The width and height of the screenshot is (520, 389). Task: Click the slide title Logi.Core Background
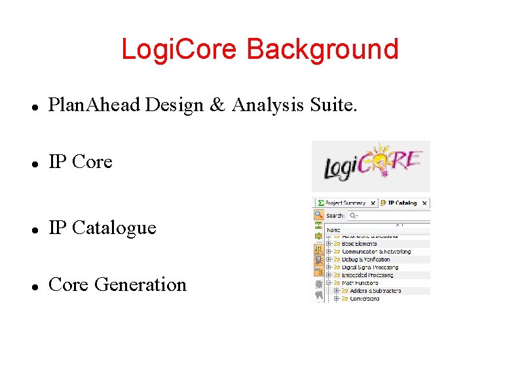pos(259,50)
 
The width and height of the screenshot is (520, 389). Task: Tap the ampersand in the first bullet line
pos(217,105)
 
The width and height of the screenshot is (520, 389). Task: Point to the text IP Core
pos(81,161)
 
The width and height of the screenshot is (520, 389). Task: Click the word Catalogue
pos(114,228)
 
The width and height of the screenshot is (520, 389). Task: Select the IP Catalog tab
pos(401,203)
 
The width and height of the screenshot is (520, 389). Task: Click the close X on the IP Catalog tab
pos(424,203)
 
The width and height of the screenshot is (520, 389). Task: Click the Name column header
pos(334,230)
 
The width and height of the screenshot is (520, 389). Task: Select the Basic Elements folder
pos(359,244)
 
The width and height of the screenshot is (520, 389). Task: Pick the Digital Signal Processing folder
pos(369,267)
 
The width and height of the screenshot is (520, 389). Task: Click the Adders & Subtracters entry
pos(375,291)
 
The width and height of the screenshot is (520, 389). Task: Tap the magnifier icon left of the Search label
pos(318,214)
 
